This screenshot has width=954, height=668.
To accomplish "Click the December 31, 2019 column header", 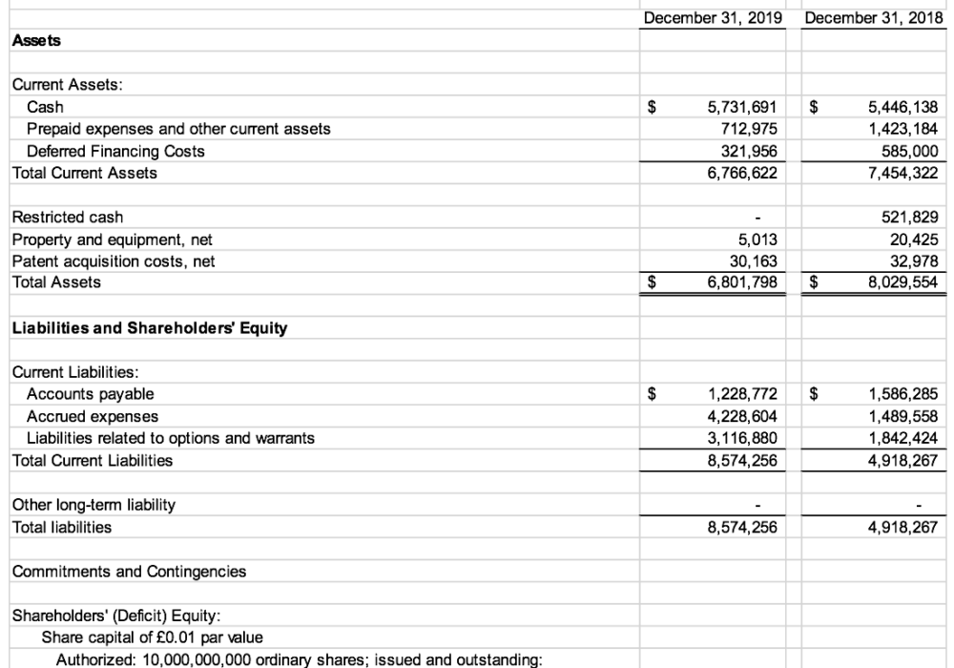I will coord(713,18).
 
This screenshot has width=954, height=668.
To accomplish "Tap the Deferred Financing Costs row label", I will coord(115,151).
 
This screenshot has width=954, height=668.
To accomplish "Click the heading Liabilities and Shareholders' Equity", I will coord(149,329).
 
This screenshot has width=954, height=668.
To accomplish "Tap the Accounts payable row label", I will coord(90,394).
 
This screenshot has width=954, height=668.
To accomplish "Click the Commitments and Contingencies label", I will coord(129,572).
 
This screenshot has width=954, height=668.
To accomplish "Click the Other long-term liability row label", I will coord(93,505).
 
